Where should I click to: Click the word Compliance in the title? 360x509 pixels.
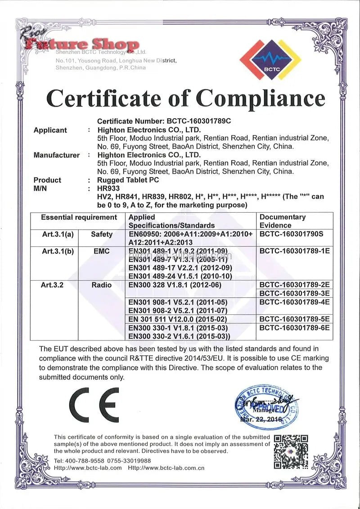261,98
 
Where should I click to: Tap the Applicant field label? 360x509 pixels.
50,130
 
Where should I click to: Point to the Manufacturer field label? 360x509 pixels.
56,155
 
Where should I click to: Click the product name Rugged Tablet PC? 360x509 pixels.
128,180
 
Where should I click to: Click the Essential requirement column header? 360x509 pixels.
79,217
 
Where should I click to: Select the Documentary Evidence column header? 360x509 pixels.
283,221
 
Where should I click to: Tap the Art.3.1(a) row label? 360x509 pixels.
58,234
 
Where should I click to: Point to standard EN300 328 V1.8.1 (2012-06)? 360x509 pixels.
178,284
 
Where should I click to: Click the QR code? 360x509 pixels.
291,451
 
